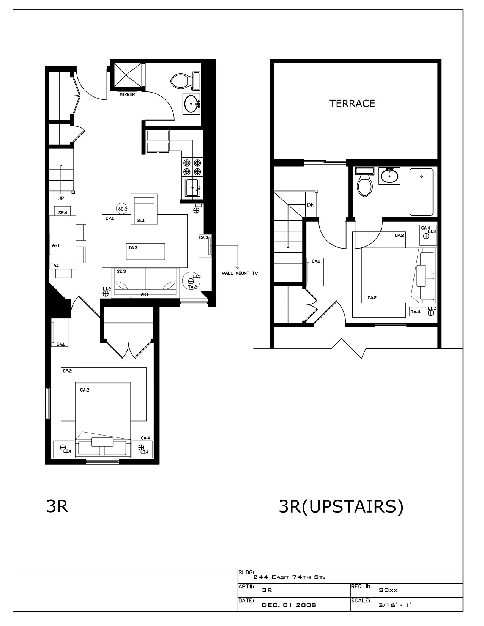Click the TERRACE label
click(x=352, y=103)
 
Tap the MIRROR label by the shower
click(x=127, y=94)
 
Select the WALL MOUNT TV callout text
click(x=240, y=273)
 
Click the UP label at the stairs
click(x=61, y=198)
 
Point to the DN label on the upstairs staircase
click(x=311, y=205)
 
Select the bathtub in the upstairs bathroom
click(x=421, y=192)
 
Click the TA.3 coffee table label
click(x=132, y=247)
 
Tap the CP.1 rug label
click(x=110, y=219)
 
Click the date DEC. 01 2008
click(x=289, y=605)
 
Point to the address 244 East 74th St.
click(x=289, y=577)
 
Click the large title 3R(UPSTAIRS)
click(x=341, y=506)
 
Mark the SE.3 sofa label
click(x=121, y=271)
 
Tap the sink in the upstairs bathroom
click(x=389, y=176)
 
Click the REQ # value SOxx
click(x=388, y=590)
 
